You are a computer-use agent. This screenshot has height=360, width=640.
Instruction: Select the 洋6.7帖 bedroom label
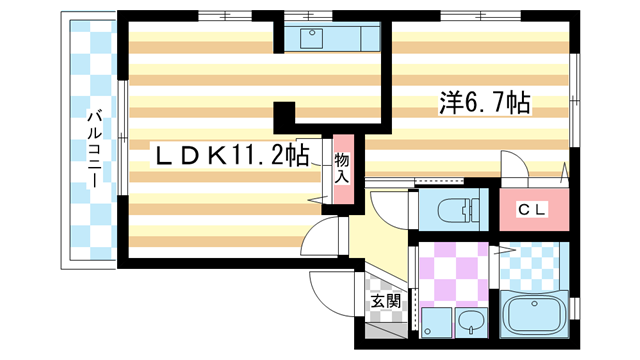click(483, 102)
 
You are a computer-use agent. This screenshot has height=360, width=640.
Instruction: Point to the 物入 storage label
click(342, 168)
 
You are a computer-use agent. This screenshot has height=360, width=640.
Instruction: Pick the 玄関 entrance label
click(385, 300)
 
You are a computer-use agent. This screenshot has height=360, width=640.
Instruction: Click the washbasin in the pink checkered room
click(469, 322)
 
